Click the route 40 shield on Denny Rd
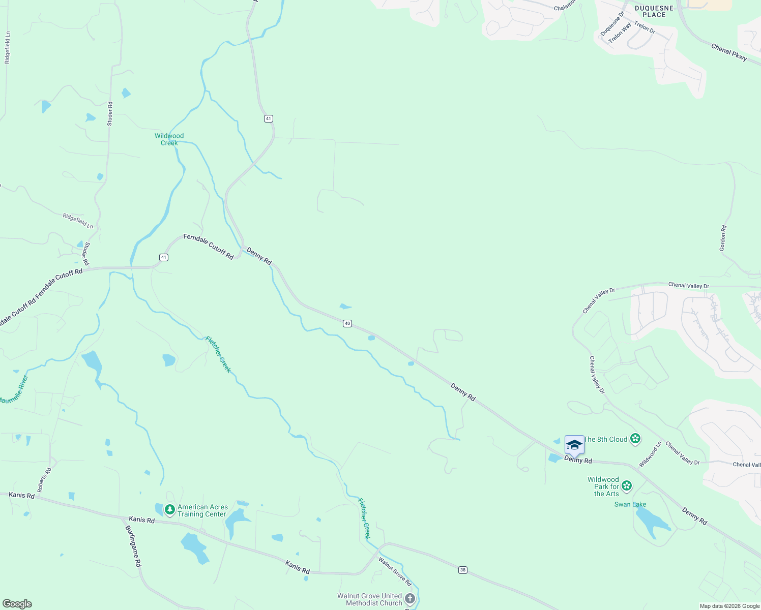[347, 323]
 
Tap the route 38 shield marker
[462, 570]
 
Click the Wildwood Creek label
[169, 139]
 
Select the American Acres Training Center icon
[169, 509]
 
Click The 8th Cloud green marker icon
[635, 439]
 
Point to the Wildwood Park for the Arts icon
[627, 486]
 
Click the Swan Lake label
[630, 504]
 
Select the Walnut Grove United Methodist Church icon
[410, 599]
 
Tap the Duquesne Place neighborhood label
[654, 11]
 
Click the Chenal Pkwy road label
[729, 52]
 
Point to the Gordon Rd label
[723, 238]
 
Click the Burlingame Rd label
[133, 546]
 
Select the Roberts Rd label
[45, 480]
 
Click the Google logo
[17, 604]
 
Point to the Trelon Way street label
[620, 33]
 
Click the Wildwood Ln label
[650, 454]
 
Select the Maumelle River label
[14, 390]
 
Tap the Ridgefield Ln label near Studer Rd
[78, 221]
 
